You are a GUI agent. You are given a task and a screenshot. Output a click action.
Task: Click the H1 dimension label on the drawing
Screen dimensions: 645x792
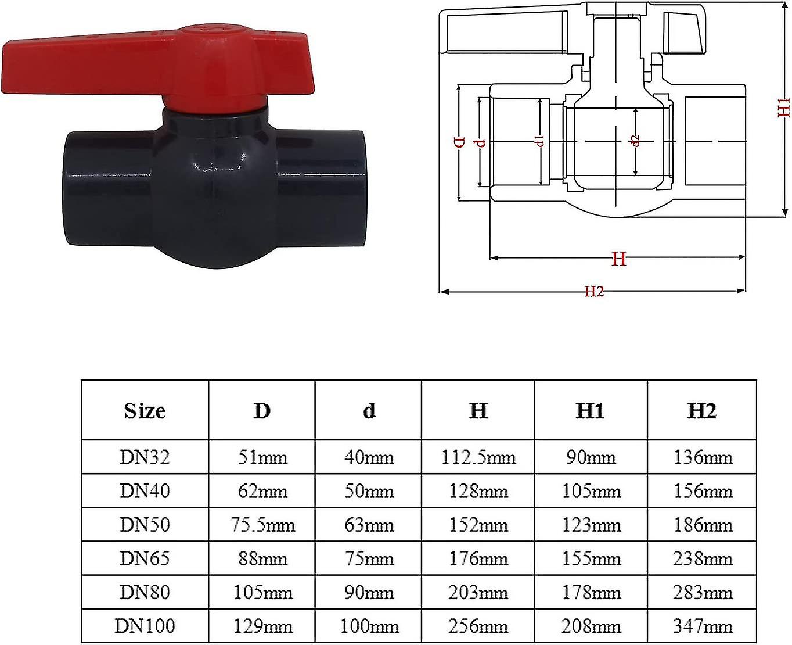tap(784, 107)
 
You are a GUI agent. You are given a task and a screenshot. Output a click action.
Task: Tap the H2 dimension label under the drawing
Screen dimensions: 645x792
tap(594, 291)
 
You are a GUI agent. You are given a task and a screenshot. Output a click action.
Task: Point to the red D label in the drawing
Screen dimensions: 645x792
tap(459, 142)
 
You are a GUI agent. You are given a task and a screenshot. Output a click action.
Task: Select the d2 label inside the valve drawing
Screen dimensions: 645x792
tap(636, 141)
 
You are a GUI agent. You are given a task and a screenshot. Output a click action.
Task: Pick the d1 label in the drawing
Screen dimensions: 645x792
tap(540, 139)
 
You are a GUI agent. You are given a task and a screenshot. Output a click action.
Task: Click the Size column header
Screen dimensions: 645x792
tap(145, 411)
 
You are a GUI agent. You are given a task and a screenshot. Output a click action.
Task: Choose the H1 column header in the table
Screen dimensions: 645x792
tap(590, 411)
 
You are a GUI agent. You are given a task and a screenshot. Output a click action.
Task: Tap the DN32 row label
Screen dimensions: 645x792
tap(145, 457)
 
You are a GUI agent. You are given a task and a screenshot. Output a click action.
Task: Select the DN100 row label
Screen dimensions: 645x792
tap(145, 626)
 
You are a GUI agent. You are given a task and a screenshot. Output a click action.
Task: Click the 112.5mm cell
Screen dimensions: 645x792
tap(478, 457)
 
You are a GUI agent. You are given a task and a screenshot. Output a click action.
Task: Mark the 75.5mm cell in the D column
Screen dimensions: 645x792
tap(262, 525)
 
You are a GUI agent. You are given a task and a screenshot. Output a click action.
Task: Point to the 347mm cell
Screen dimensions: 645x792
tap(703, 626)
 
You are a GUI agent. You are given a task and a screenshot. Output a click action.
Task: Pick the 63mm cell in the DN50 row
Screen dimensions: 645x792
tap(369, 525)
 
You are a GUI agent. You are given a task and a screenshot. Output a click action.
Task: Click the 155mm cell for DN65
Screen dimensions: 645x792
tap(591, 558)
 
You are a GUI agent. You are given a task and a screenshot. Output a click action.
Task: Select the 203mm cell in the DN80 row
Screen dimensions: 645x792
tap(478, 592)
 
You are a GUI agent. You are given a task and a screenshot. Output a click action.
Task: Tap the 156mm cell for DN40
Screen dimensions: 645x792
tap(703, 491)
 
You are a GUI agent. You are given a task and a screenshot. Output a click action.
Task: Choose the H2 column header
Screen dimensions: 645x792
tap(701, 411)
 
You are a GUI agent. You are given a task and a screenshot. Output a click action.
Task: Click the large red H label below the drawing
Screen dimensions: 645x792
tap(619, 259)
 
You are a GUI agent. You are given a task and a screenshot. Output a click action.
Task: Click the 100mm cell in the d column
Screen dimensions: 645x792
tap(369, 626)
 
